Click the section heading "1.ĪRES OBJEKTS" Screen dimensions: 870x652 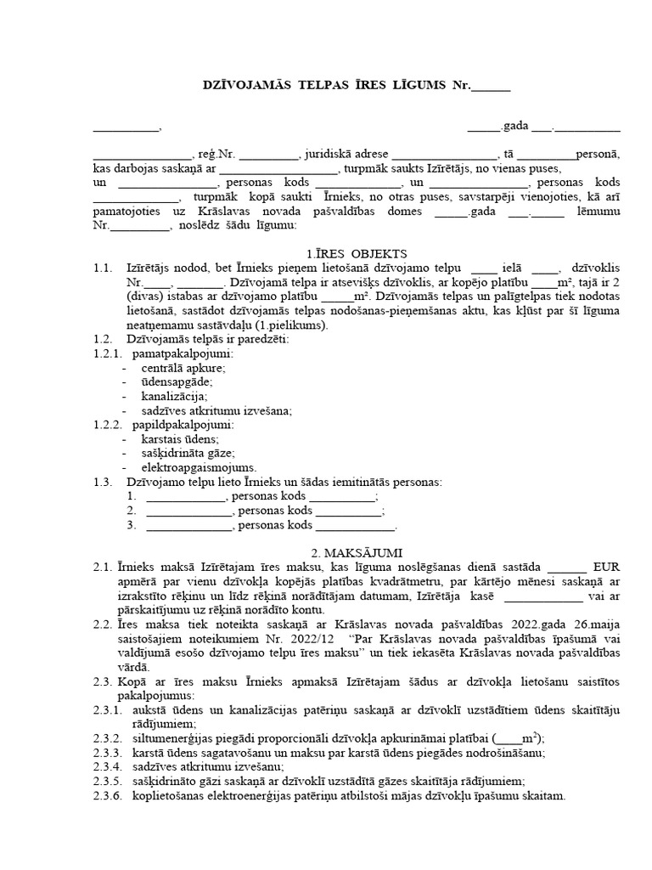click(x=356, y=253)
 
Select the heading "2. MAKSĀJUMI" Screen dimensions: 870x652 click(x=357, y=551)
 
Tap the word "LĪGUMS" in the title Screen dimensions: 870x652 click(x=415, y=86)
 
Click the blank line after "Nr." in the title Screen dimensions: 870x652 click(x=491, y=86)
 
